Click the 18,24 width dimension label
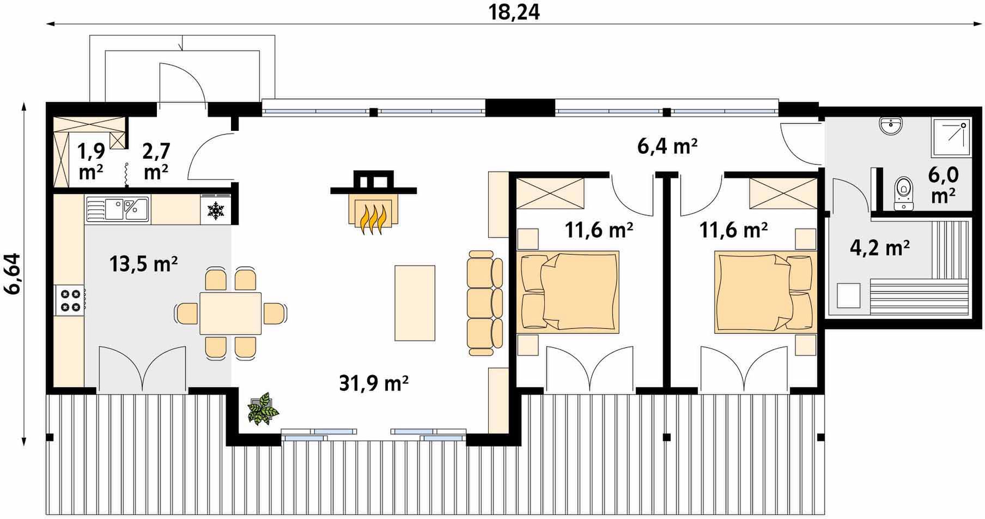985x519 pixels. pyautogui.click(x=514, y=12)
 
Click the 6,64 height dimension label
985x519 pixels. pyautogui.click(x=11, y=273)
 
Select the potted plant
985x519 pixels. pyautogui.click(x=263, y=407)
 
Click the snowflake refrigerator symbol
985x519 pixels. pyautogui.click(x=216, y=210)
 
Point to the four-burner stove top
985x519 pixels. pyautogui.click(x=69, y=300)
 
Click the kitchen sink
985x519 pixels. pyautogui.click(x=117, y=208)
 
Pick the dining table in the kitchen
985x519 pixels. pyautogui.click(x=230, y=313)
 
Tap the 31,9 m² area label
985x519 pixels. pyautogui.click(x=374, y=383)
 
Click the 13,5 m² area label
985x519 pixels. pyautogui.click(x=143, y=264)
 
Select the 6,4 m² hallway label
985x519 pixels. pyautogui.click(x=667, y=146)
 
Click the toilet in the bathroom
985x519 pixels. pyautogui.click(x=904, y=192)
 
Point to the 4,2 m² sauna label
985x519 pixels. pyautogui.click(x=880, y=248)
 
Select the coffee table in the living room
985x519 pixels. pyautogui.click(x=415, y=303)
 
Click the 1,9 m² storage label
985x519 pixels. pyautogui.click(x=90, y=161)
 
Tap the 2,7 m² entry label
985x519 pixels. pyautogui.click(x=156, y=161)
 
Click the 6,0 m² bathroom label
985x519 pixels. pyautogui.click(x=943, y=186)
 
